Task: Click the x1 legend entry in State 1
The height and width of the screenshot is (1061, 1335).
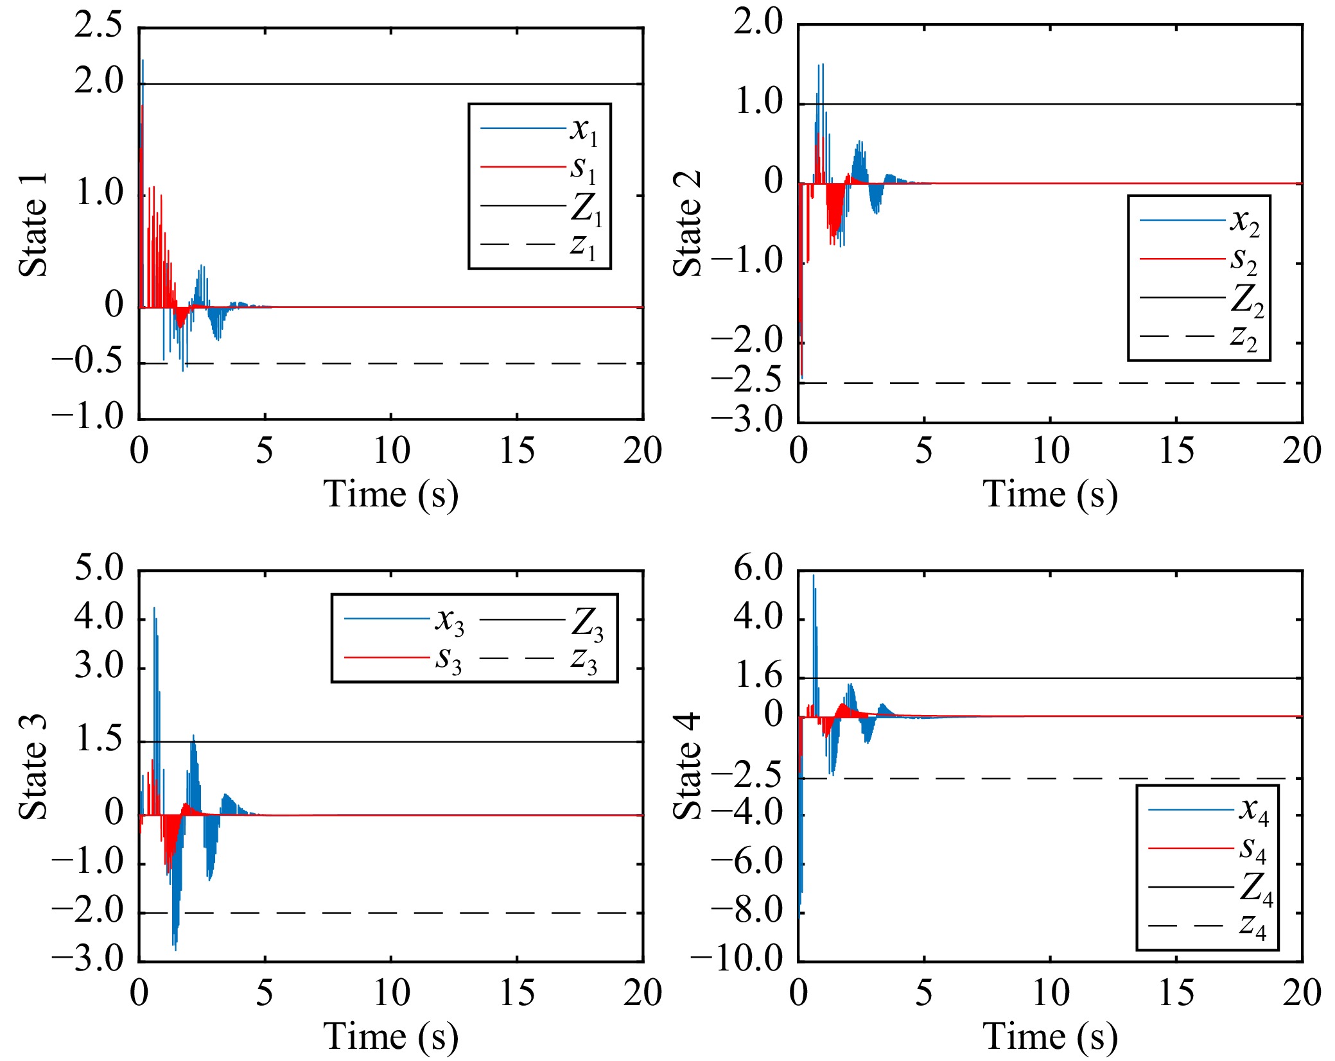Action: [x=539, y=129]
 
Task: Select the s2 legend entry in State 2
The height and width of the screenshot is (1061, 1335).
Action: [x=1198, y=259]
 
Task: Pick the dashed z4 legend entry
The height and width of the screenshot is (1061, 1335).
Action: [x=1207, y=926]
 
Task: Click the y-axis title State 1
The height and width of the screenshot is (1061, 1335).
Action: [x=33, y=225]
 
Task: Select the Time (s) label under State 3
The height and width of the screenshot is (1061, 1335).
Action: [x=390, y=1037]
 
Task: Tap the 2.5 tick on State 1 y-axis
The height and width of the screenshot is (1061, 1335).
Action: [x=98, y=27]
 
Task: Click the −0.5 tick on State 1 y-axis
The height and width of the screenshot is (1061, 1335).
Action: [x=87, y=363]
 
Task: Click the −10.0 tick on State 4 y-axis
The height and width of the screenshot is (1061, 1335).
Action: [x=737, y=960]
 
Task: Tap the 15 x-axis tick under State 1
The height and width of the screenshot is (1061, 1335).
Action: [x=517, y=451]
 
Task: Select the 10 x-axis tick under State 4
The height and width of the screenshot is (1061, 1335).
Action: [x=1050, y=992]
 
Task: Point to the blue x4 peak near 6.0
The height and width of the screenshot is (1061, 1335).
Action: [x=814, y=577]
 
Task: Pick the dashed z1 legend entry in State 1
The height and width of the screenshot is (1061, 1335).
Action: [x=539, y=245]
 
